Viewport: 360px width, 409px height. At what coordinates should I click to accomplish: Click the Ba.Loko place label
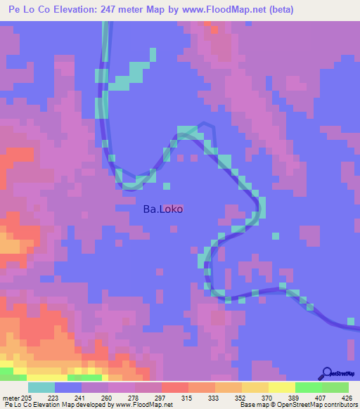click(164, 209)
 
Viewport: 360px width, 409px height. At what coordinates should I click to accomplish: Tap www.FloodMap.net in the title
click(219, 10)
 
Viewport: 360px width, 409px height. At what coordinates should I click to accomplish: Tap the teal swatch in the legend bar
click(41, 387)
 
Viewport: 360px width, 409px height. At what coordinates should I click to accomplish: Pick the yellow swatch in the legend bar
click(281, 387)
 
